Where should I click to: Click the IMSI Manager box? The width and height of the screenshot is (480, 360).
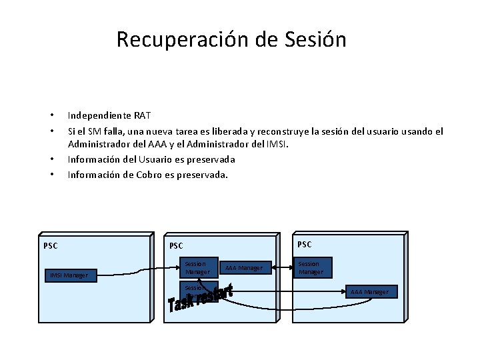(x=73, y=275)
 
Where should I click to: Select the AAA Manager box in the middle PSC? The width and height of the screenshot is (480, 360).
(x=244, y=268)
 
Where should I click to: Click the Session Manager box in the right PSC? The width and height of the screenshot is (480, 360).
(x=311, y=268)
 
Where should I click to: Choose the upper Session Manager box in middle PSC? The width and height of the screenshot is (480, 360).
(x=197, y=268)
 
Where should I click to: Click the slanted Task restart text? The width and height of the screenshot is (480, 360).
(x=200, y=299)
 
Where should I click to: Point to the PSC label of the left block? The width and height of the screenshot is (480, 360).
(x=51, y=246)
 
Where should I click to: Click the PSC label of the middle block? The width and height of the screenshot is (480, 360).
(x=177, y=246)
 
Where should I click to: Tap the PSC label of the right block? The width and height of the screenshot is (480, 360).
(x=304, y=244)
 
